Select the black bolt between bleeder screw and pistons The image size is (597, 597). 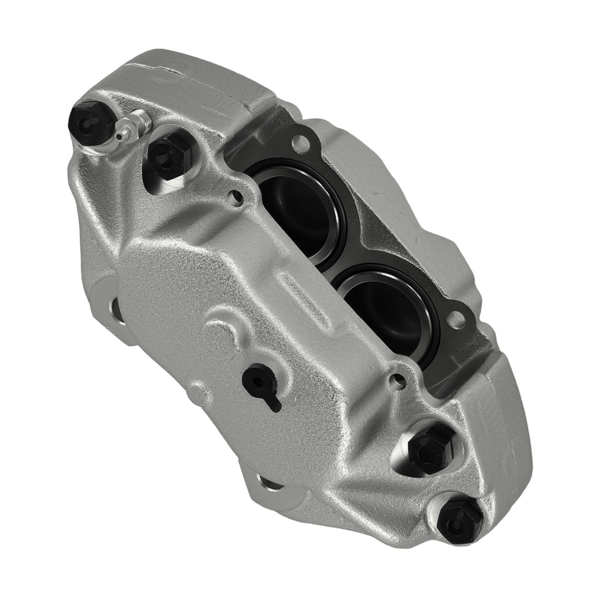(x=168, y=155)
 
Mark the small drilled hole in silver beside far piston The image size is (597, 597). (x=396, y=380)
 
